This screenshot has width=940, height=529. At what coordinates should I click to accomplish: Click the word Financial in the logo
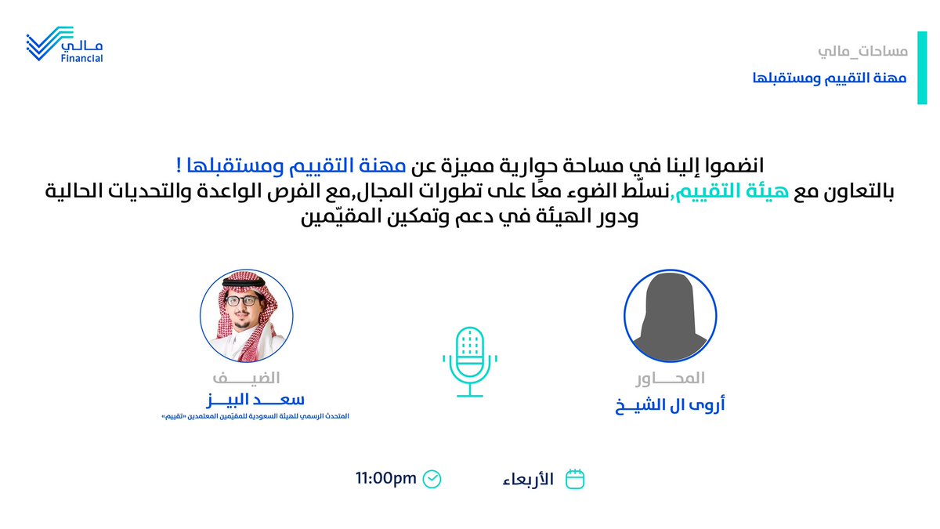pyautogui.click(x=81, y=58)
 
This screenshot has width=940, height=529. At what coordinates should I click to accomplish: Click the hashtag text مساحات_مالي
pyautogui.click(x=862, y=52)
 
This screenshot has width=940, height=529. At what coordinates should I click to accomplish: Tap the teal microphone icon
pyautogui.click(x=470, y=361)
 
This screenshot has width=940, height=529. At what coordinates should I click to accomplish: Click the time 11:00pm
pyautogui.click(x=386, y=477)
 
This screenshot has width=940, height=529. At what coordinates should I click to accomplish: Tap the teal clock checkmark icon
pyautogui.click(x=432, y=478)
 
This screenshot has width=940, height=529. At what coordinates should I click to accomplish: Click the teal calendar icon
pyautogui.click(x=575, y=478)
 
